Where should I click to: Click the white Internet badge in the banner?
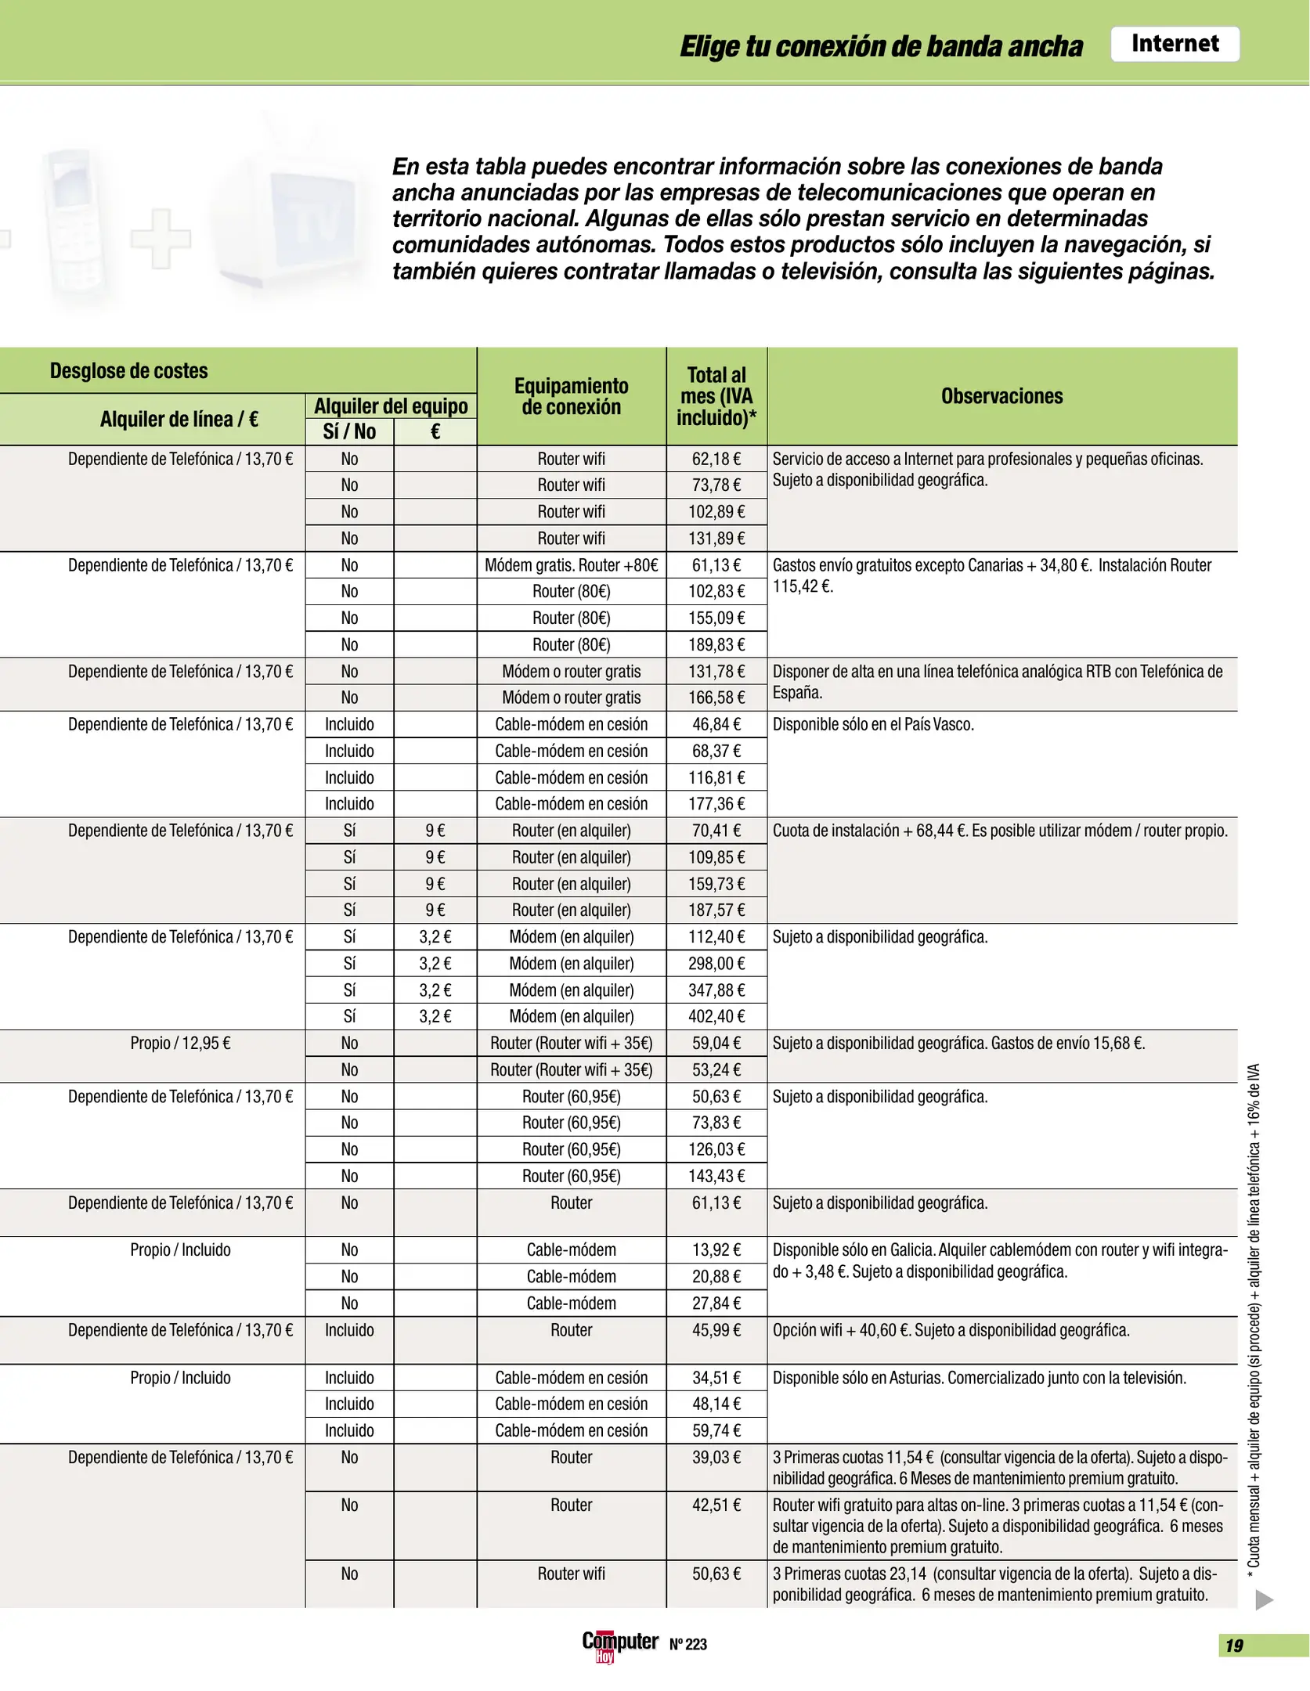(x=1174, y=44)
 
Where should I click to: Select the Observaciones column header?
(x=1001, y=396)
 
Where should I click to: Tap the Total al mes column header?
(x=716, y=396)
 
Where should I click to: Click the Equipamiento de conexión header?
(x=571, y=396)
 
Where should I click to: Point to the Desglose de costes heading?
(x=129, y=370)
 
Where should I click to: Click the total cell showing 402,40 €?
(x=716, y=1016)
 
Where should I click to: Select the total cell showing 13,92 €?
(x=716, y=1249)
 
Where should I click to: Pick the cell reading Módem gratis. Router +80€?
(x=571, y=565)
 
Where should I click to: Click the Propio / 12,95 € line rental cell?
(x=180, y=1043)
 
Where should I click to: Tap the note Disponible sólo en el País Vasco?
(x=873, y=724)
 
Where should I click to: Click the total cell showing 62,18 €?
(x=716, y=459)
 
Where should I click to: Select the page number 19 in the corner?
(x=1234, y=1646)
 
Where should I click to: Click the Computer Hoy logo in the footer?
(x=619, y=1643)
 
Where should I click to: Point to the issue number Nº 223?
(x=687, y=1644)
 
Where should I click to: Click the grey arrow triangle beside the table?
(x=1263, y=1600)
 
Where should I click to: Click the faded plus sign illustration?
(x=161, y=239)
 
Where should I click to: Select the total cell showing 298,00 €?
(x=716, y=963)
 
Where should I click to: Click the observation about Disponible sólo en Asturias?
(x=979, y=1377)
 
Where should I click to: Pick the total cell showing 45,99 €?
(x=716, y=1330)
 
